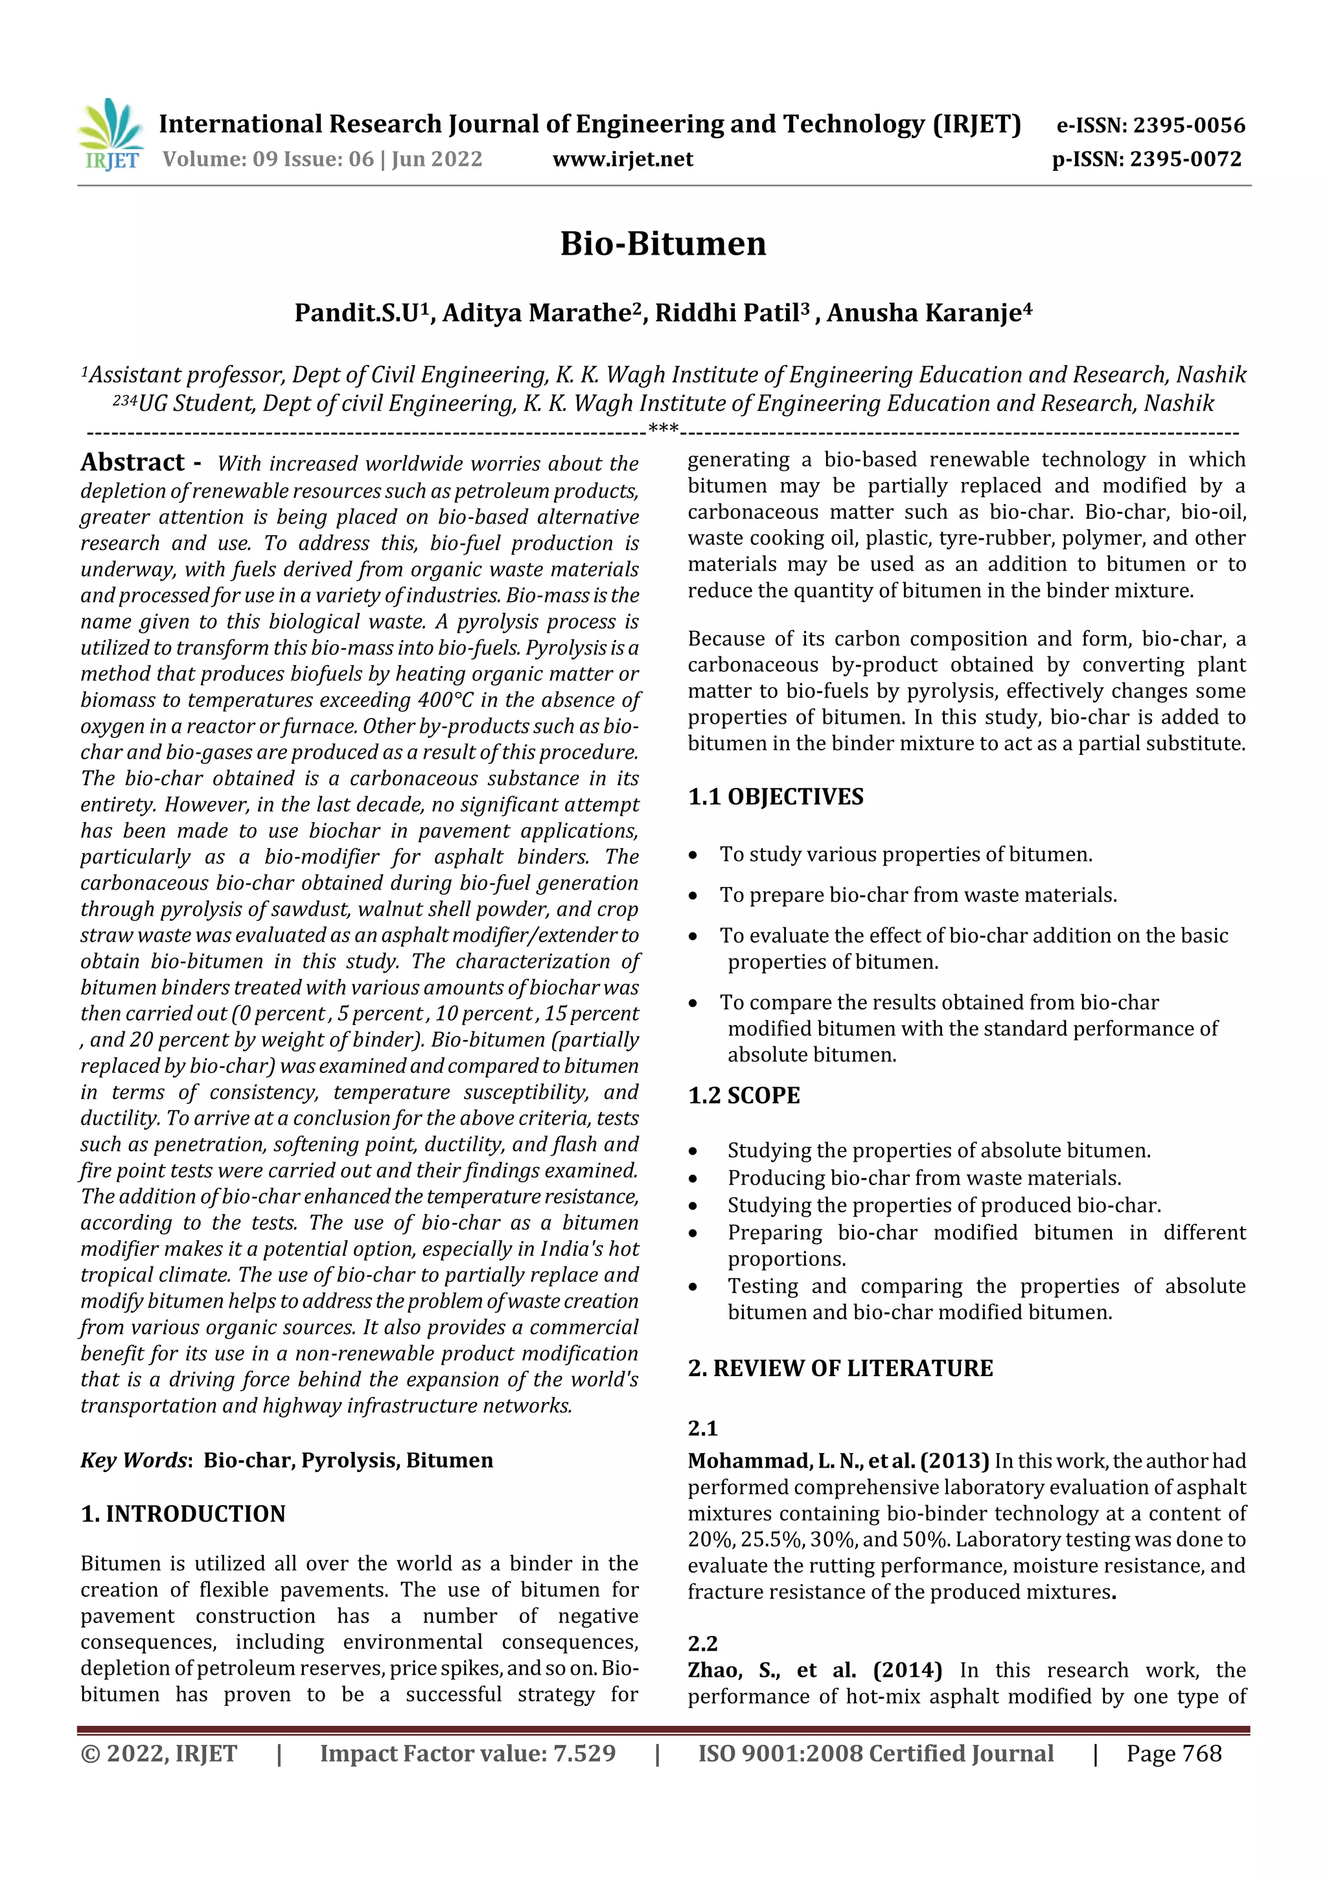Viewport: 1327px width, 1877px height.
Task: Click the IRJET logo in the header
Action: click(x=111, y=134)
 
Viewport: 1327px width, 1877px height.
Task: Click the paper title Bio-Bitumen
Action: click(x=662, y=244)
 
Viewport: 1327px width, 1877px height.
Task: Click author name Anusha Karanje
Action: click(x=928, y=313)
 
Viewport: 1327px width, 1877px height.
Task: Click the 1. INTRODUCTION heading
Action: click(x=183, y=1514)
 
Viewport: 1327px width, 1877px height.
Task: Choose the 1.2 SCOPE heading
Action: click(x=743, y=1096)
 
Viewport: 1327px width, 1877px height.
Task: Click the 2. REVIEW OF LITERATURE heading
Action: click(x=840, y=1368)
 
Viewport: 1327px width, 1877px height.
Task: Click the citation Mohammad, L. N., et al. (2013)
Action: click(x=838, y=1461)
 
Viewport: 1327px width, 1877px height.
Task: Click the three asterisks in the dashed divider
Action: click(x=662, y=429)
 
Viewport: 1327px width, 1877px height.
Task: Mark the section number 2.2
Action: click(x=702, y=1643)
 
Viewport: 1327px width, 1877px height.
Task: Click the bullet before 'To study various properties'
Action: click(x=693, y=856)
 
